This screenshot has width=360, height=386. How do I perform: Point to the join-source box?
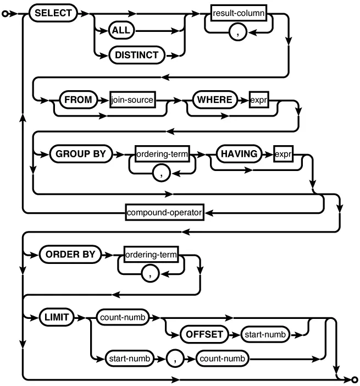133,101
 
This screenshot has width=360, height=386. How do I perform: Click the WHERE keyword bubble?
211,101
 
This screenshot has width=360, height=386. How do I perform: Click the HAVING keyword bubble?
239,155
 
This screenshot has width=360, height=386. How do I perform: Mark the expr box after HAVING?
283,155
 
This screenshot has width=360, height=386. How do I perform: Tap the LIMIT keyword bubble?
56,317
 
